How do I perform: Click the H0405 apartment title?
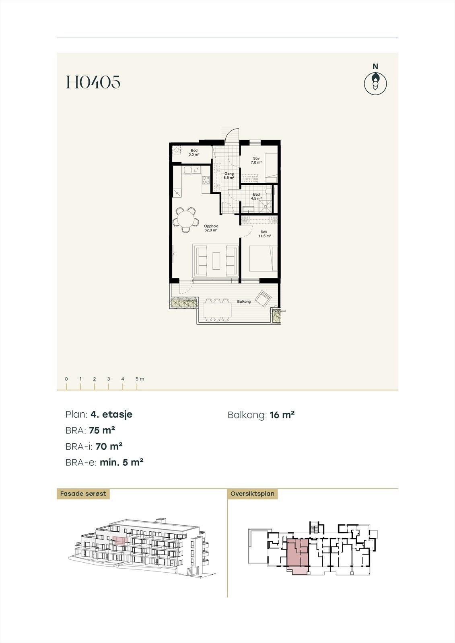click(x=93, y=82)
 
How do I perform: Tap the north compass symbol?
click(x=375, y=84)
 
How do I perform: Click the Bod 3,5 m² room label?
click(x=194, y=152)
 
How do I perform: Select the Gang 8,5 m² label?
click(x=229, y=176)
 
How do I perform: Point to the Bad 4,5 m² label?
click(x=256, y=197)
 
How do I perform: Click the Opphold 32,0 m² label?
click(x=211, y=228)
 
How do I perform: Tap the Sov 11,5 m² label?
click(x=264, y=234)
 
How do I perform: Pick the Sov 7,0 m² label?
click(x=256, y=160)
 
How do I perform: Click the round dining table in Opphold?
click(x=185, y=219)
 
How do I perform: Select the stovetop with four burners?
click(x=206, y=180)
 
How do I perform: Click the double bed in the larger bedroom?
click(x=264, y=259)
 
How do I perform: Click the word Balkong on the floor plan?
click(x=244, y=301)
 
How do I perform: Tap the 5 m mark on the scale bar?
click(x=137, y=385)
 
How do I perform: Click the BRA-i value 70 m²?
click(x=109, y=446)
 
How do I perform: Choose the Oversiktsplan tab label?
click(x=252, y=494)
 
